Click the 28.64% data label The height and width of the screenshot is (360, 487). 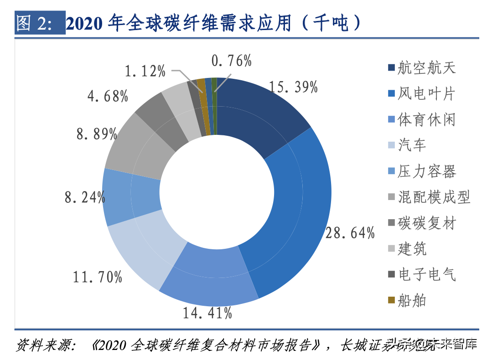350,233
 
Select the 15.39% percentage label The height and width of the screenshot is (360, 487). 293,87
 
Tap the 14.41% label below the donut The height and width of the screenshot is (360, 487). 207,313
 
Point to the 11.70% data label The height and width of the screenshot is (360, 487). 98,276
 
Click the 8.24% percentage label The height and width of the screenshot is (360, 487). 85,197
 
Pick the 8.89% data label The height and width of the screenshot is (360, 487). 97,134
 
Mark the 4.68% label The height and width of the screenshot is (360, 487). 107,96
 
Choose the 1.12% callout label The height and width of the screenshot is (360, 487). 145,71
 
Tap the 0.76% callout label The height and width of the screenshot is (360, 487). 232,61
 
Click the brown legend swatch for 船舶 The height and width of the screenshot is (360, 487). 391,300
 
